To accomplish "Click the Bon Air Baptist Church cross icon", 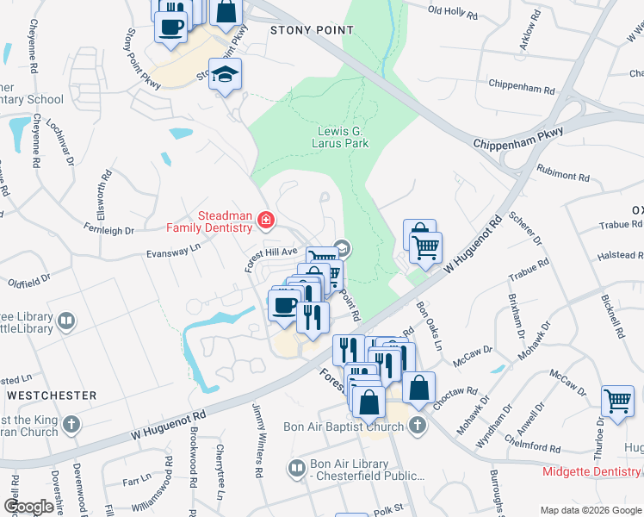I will coord(417,426).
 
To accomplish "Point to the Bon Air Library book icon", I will coord(297,468).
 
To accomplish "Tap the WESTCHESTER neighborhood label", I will coord(52,395).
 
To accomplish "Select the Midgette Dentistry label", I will coord(592,471).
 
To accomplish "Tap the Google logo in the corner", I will coord(28,507).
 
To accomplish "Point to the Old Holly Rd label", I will coord(452,10).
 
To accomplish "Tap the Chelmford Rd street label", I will coord(533,448).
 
